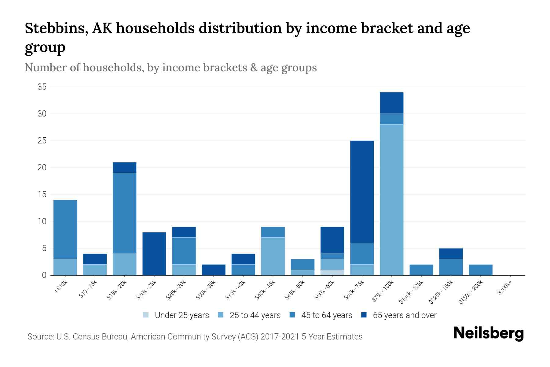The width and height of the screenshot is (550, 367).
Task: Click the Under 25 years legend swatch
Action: pos(146,315)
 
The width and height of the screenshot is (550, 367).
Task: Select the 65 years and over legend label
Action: pos(405,315)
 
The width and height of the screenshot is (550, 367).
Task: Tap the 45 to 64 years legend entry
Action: pos(327,315)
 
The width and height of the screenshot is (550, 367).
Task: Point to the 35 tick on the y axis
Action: pos(42,87)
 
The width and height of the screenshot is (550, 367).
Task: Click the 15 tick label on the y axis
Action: pos(42,195)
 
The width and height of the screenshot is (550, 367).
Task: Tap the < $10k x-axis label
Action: pos(61,287)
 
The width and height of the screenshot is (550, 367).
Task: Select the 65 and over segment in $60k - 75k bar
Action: pos(362,192)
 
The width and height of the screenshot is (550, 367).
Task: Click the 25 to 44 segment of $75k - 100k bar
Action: pos(392,200)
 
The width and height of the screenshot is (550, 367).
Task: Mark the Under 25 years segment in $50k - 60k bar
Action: pos(332,272)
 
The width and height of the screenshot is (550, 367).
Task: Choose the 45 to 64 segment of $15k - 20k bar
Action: pos(125,213)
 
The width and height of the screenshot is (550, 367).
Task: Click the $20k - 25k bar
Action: pos(154,254)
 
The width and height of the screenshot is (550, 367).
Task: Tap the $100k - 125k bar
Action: pos(421,270)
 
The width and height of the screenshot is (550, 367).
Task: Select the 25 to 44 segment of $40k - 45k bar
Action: pos(273,256)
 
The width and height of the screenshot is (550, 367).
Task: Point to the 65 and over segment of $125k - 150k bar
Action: pos(451,254)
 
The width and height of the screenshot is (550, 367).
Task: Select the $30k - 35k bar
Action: pos(214,270)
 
